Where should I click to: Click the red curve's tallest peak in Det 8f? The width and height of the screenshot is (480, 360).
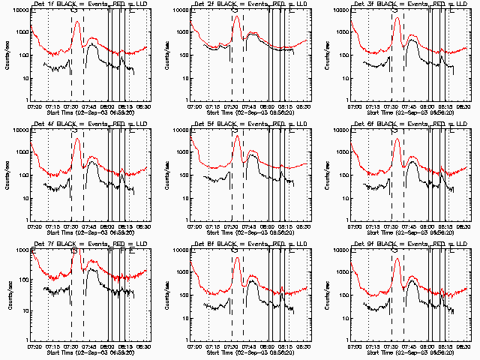tap(236, 258)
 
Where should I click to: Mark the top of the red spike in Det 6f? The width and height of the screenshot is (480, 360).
tap(397, 138)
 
